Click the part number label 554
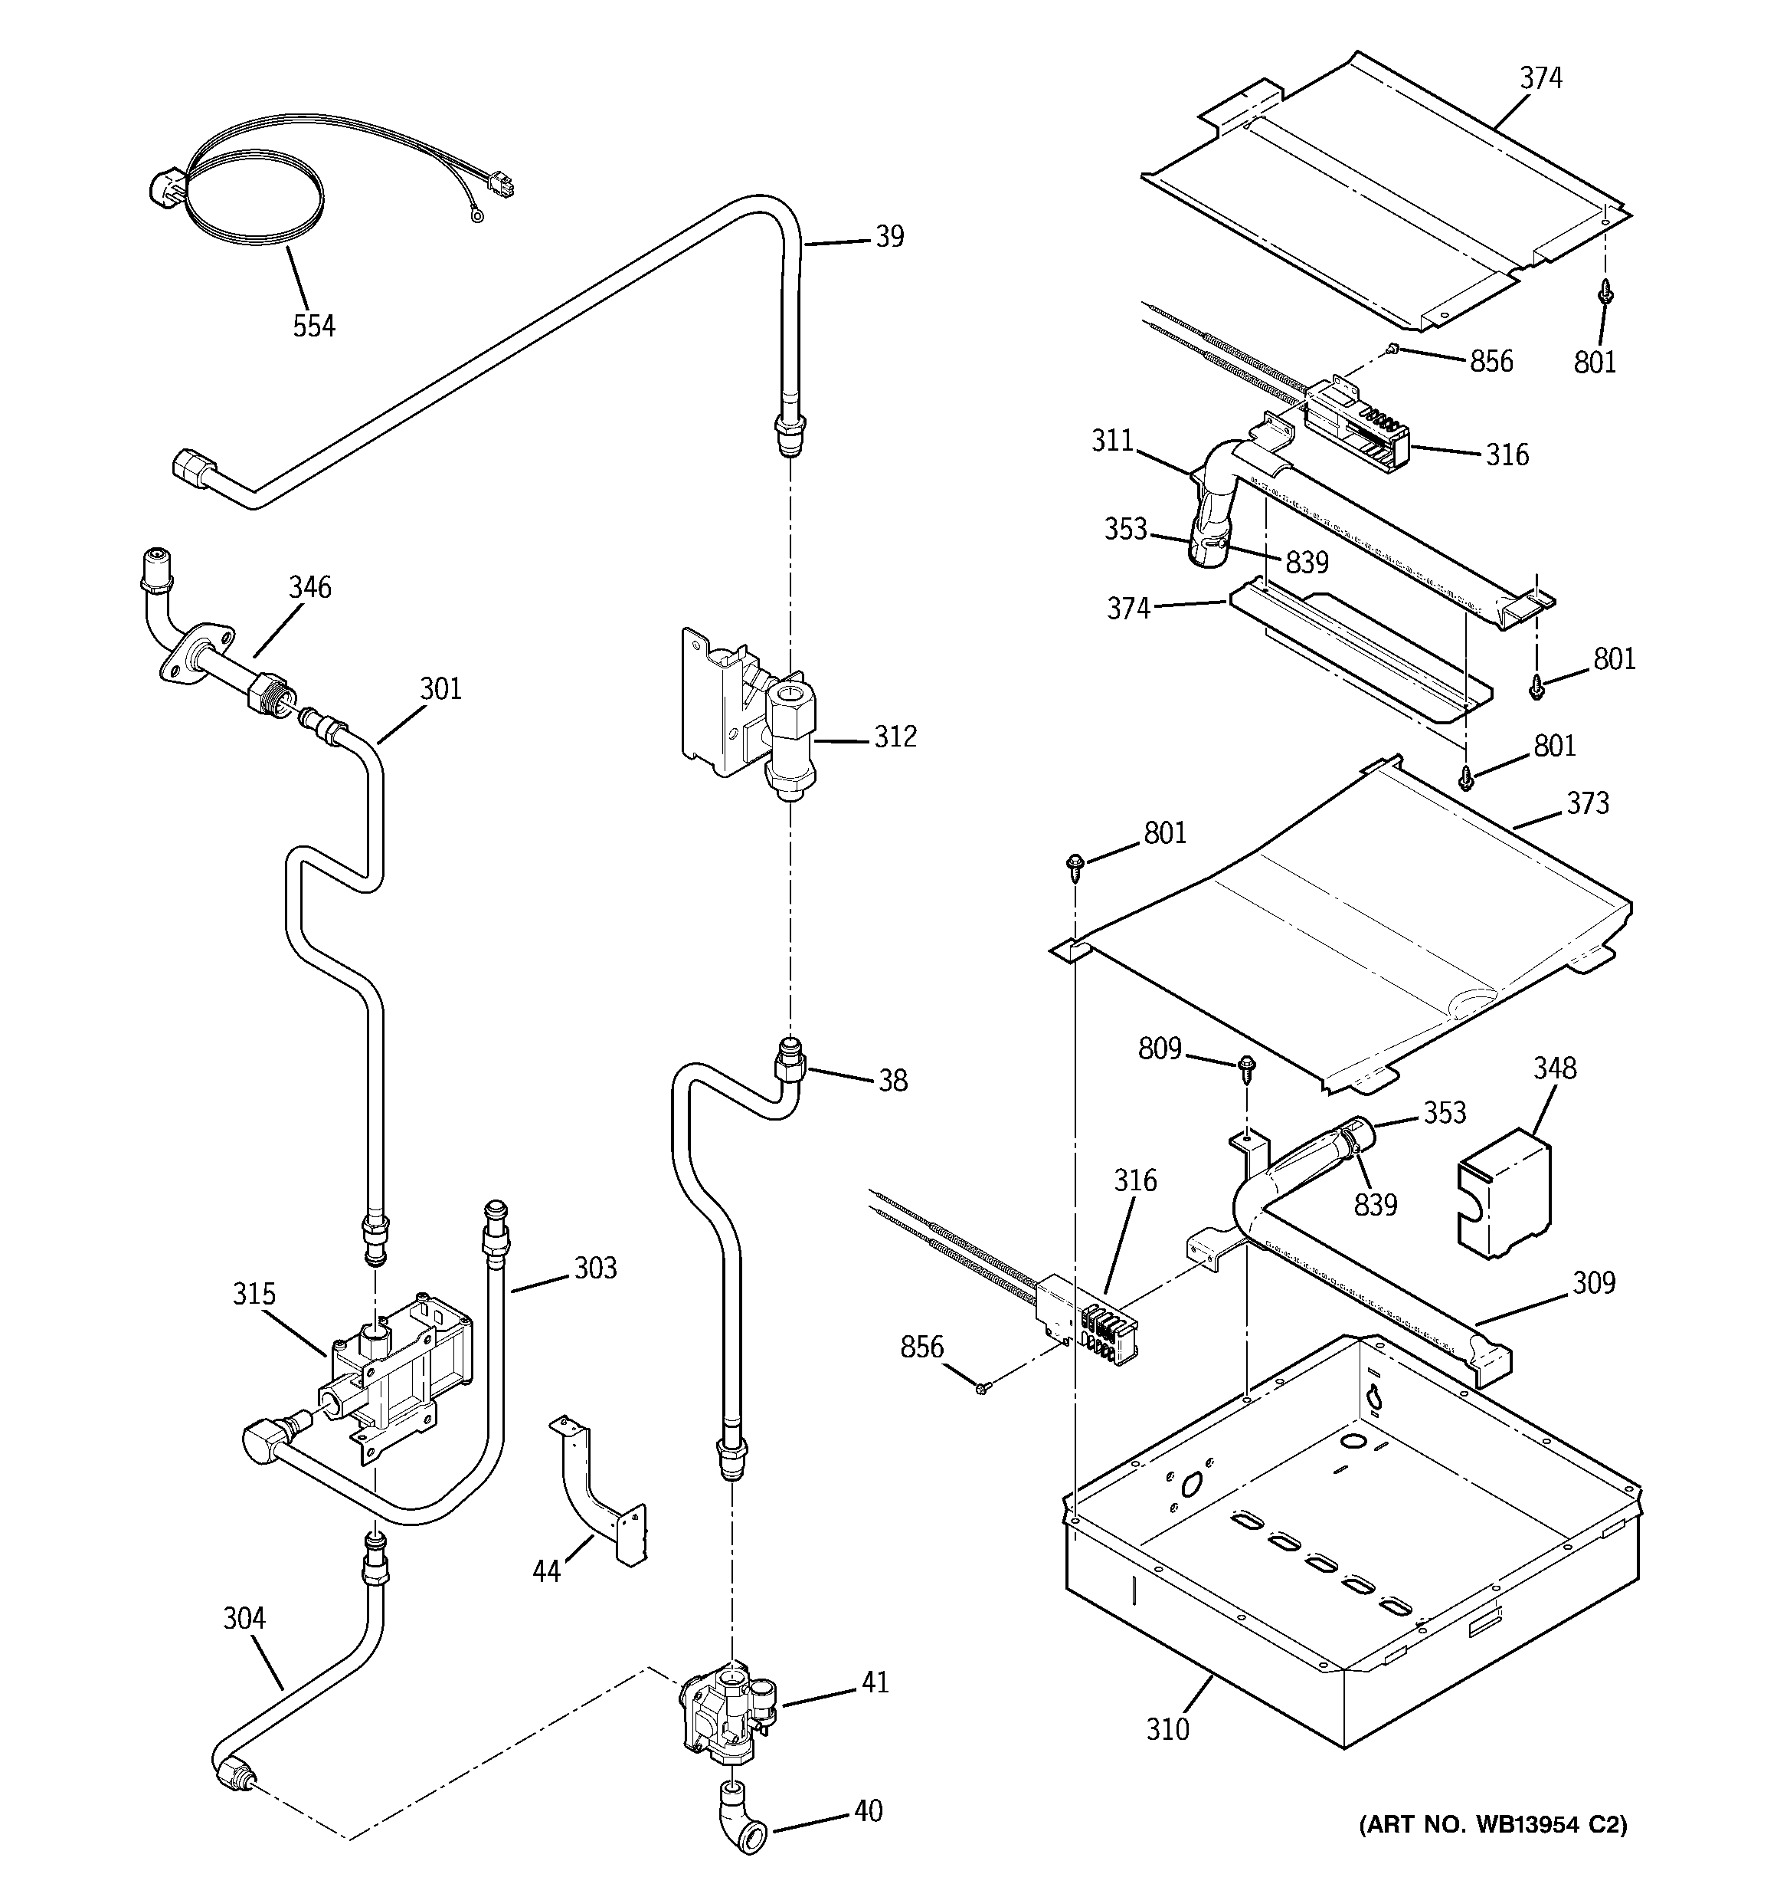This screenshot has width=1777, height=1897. tap(314, 327)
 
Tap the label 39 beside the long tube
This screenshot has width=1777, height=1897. tap(889, 237)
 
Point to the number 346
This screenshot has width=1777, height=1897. tap(310, 587)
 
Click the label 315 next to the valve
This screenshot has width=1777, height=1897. tap(254, 1294)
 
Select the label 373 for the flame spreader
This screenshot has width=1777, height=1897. tap(1587, 803)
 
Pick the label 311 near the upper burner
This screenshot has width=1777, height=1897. tap(1112, 441)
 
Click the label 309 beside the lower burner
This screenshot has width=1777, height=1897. tap(1595, 1282)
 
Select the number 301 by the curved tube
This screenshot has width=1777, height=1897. tap(440, 688)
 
